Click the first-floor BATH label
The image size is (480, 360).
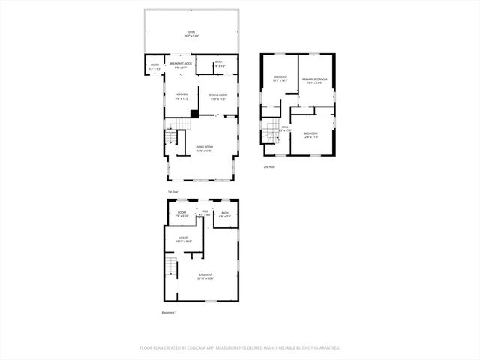click(x=218, y=64)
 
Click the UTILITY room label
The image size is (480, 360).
click(x=184, y=240)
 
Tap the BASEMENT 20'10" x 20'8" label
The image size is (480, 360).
click(x=205, y=276)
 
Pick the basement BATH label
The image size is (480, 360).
click(x=225, y=214)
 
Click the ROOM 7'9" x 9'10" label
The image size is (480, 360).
click(x=181, y=214)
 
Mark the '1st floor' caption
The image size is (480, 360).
click(x=172, y=192)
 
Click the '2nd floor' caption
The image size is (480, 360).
click(x=269, y=166)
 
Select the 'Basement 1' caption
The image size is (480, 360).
click(x=169, y=312)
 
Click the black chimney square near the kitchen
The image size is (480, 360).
click(x=194, y=113)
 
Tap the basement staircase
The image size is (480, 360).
click(x=172, y=267)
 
